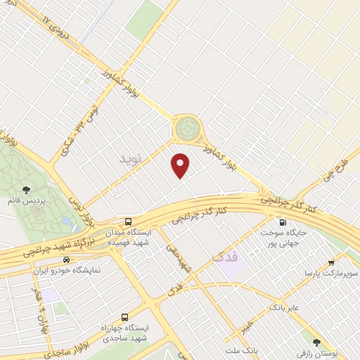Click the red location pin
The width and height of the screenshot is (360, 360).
[181, 165]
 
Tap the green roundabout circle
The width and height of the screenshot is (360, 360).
[187, 128]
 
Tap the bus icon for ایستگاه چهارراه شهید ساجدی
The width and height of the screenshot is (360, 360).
[125, 317]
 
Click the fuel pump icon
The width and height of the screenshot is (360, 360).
[283, 219]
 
